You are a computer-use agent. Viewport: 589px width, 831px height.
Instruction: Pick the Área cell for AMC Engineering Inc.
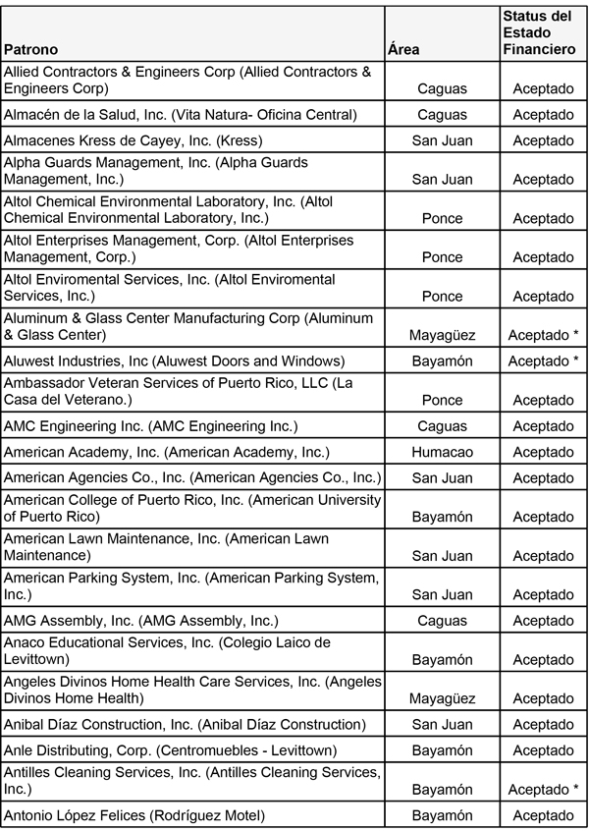(442, 426)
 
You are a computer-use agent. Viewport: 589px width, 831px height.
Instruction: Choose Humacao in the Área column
(442, 452)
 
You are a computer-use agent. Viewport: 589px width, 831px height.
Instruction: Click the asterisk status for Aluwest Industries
(543, 361)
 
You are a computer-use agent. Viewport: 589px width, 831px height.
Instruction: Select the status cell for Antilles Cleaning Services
(543, 789)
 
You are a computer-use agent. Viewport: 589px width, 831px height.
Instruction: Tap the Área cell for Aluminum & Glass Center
(442, 335)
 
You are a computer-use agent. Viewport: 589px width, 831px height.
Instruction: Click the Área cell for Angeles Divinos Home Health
(442, 698)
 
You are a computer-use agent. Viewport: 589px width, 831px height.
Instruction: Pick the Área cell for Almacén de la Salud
(442, 115)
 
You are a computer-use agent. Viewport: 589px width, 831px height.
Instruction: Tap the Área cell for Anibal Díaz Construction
(442, 725)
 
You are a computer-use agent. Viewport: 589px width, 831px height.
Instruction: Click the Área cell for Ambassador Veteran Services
(442, 400)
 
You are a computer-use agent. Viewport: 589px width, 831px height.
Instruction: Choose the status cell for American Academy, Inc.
(543, 452)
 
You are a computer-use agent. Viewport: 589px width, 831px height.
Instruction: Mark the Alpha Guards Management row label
(155, 170)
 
